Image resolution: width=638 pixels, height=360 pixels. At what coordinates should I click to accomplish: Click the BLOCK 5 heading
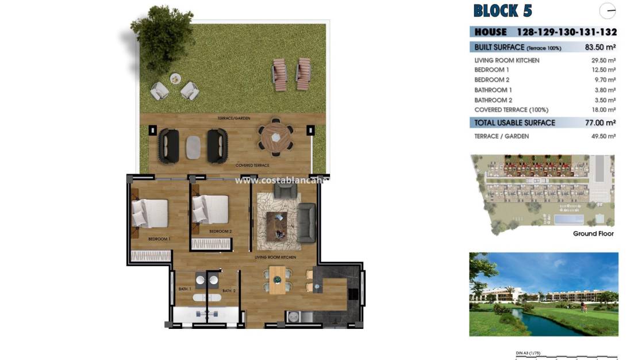click(x=502, y=10)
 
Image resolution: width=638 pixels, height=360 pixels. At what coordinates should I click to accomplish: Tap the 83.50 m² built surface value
click(x=601, y=47)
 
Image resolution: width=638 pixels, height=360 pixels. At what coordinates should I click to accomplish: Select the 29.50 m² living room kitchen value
click(x=604, y=60)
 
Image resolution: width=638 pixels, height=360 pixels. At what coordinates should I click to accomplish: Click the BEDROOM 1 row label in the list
click(x=491, y=70)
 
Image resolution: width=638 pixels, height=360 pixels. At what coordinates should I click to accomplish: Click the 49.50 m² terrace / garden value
click(x=604, y=136)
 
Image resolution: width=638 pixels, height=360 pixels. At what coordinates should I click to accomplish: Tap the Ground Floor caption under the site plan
click(x=593, y=233)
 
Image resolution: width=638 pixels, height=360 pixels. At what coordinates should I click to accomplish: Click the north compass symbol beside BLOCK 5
click(x=607, y=11)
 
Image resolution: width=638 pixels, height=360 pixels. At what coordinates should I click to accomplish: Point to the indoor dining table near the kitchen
click(x=278, y=280)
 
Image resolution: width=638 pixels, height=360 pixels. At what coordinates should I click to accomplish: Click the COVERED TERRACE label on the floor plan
click(x=252, y=166)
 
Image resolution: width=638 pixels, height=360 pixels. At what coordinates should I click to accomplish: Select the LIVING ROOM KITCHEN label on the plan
click(x=275, y=257)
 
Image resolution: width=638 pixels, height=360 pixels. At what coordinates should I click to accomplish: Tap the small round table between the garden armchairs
click(x=175, y=79)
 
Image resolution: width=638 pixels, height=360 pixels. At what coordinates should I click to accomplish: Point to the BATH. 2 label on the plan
click(x=229, y=291)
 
